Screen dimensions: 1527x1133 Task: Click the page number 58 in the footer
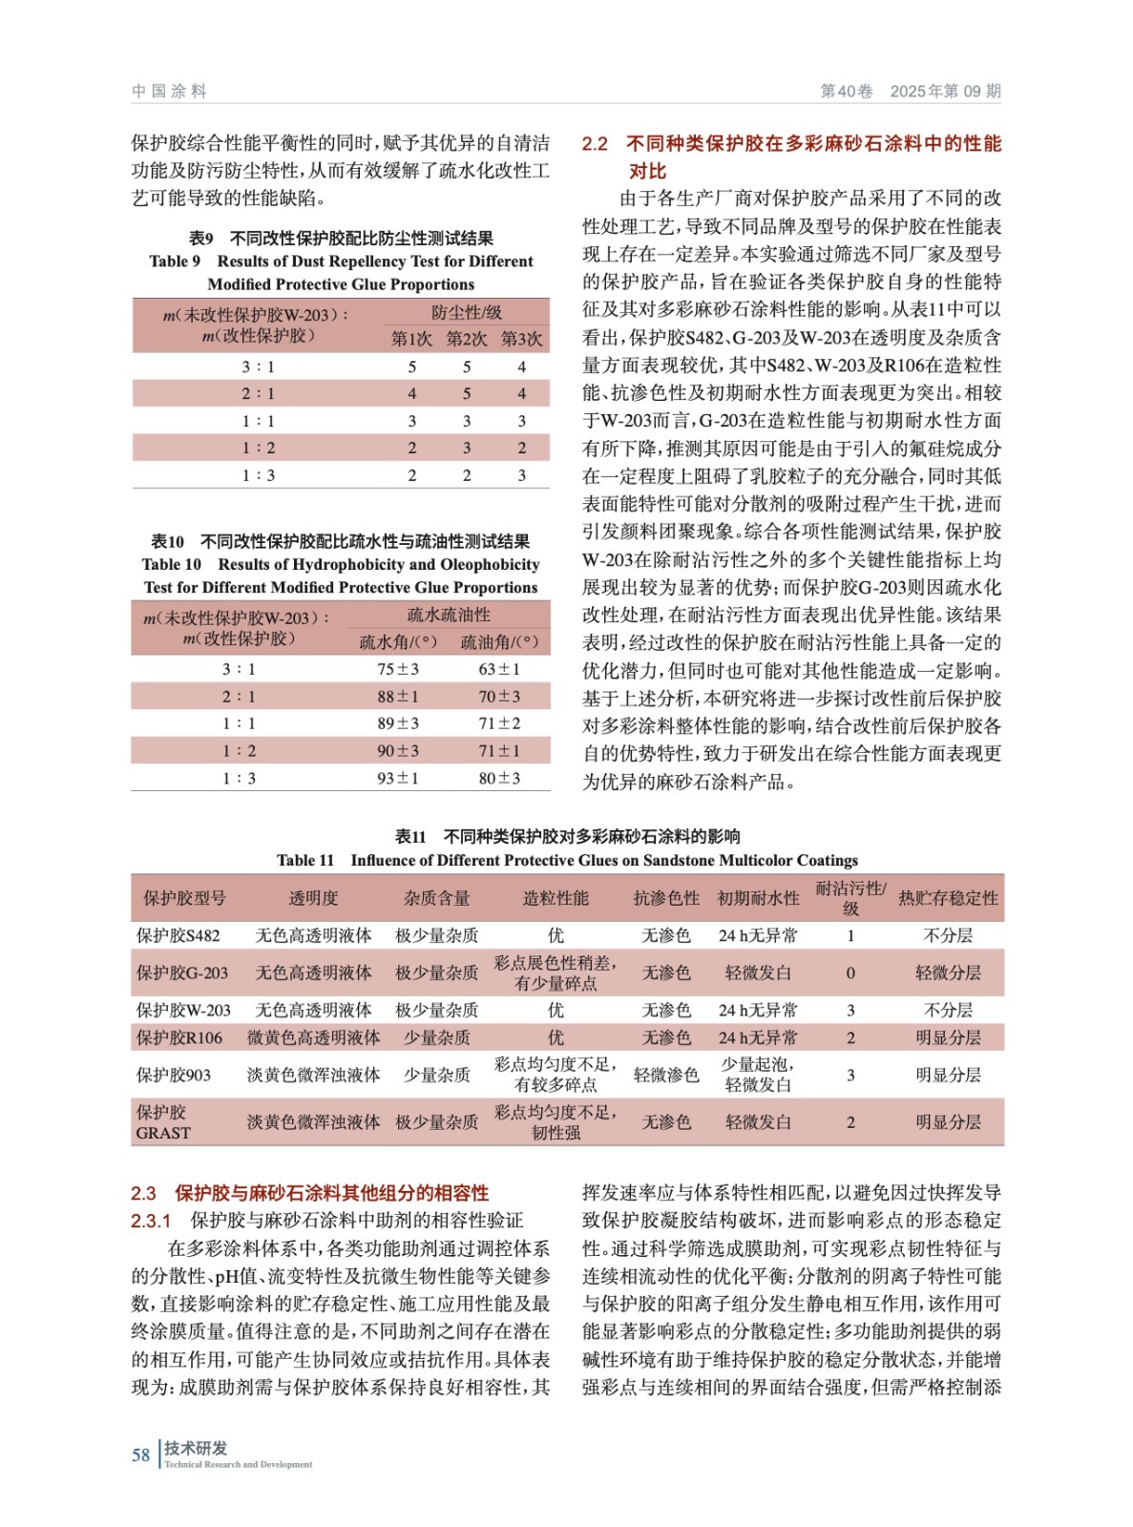pos(140,1454)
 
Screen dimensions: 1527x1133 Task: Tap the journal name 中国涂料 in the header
pos(169,92)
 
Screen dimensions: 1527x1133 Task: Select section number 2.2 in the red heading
pos(595,144)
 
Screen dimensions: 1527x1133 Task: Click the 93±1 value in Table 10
pos(397,778)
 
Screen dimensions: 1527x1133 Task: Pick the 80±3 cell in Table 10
pos(499,778)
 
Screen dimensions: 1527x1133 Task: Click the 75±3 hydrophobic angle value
pos(397,669)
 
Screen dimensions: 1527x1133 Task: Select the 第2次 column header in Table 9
pos(467,339)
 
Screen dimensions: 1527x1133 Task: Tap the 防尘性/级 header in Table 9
pos(467,312)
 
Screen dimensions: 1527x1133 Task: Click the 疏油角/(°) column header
pos(499,642)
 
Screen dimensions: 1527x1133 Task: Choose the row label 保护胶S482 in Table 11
pos(178,935)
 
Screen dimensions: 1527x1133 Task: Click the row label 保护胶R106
pos(179,1037)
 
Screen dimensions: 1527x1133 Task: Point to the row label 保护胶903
pos(174,1075)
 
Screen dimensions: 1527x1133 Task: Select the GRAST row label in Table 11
pos(163,1132)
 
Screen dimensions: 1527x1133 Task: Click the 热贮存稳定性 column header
pos(948,898)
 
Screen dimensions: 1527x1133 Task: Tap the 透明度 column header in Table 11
pos(313,898)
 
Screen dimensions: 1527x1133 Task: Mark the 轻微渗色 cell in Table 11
pos(666,1075)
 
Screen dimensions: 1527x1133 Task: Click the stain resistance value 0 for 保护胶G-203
pos(850,973)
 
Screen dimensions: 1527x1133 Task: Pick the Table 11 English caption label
pos(305,860)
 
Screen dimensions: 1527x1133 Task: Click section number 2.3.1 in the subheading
pos(151,1220)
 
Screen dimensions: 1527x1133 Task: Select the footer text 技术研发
pos(196,1447)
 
